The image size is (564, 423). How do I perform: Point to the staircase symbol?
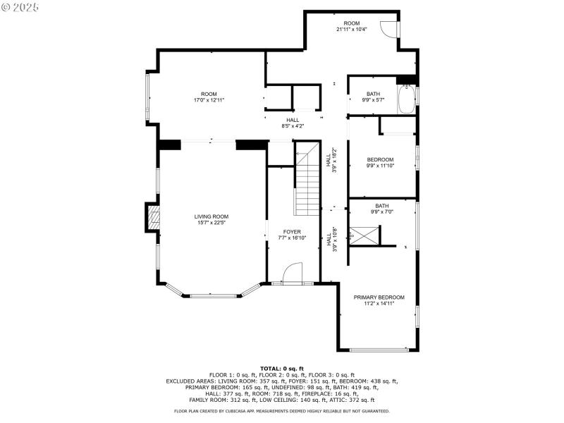(x=307, y=180)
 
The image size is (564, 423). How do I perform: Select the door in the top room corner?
(x=388, y=28)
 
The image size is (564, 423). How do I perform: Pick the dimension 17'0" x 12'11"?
(x=209, y=100)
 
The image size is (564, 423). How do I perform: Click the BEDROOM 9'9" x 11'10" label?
(x=380, y=163)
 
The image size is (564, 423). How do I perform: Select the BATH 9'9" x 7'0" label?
(x=381, y=209)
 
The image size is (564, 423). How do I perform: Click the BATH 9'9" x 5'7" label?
(x=373, y=97)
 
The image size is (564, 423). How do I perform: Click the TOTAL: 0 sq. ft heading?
(x=282, y=369)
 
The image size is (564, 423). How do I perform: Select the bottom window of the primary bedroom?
(x=379, y=350)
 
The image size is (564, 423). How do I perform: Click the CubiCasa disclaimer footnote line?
(x=282, y=410)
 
